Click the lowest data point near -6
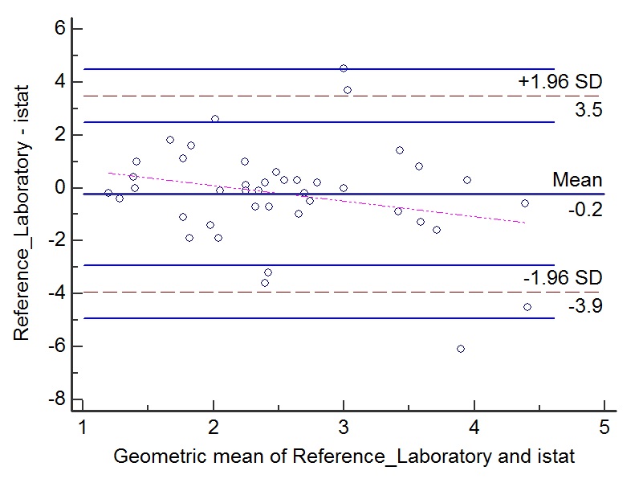(x=461, y=349)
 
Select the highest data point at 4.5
(x=344, y=68)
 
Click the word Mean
(x=576, y=180)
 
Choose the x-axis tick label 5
(x=604, y=427)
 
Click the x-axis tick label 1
(x=82, y=427)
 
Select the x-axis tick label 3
(x=344, y=427)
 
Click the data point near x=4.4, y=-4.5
(x=527, y=307)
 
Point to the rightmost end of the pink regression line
(x=525, y=223)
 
